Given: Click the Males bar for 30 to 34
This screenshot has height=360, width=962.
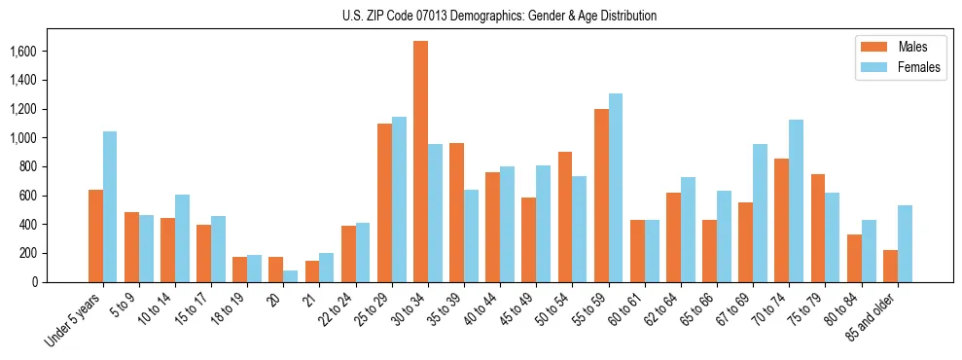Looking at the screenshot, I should (x=420, y=162).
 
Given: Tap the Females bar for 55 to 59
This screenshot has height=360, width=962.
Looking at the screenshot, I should (x=616, y=188).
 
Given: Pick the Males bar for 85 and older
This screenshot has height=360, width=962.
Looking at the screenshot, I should (x=890, y=266).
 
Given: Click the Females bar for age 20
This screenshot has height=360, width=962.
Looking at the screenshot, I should (x=291, y=276).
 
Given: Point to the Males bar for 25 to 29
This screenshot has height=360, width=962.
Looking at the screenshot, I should (x=384, y=202).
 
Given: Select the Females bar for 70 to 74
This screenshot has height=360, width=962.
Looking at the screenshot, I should (x=796, y=200).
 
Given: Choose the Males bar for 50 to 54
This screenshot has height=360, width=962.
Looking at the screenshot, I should (x=565, y=217).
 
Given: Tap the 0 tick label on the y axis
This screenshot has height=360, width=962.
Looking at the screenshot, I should (x=61, y=282).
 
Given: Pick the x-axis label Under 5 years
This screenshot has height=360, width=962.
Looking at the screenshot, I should (x=74, y=320).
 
